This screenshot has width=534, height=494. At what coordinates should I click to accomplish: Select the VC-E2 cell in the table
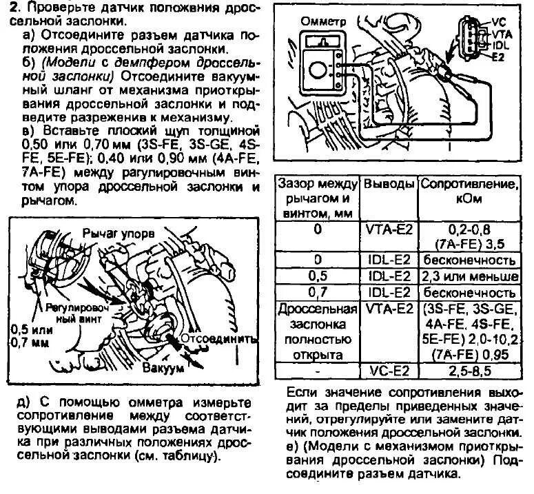click(x=389, y=372)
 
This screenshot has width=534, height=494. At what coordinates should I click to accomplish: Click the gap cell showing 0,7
click(x=318, y=292)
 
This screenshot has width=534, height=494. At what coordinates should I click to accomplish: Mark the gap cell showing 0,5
click(x=318, y=276)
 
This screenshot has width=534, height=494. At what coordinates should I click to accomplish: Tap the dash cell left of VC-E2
click(x=318, y=372)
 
